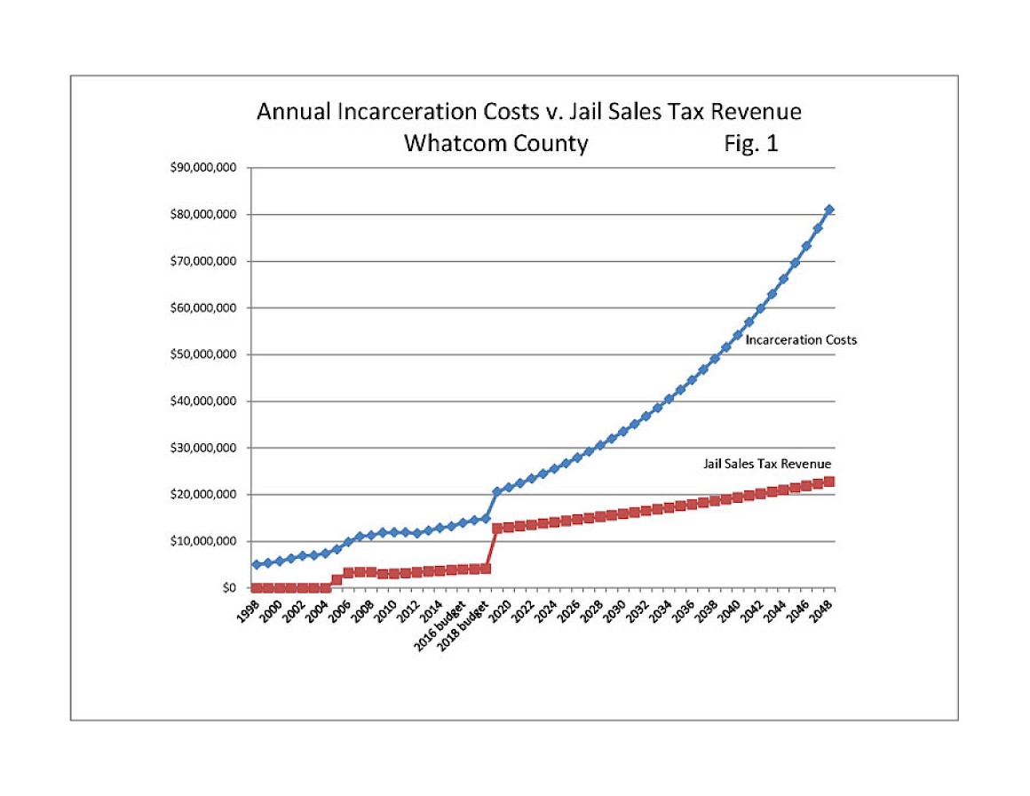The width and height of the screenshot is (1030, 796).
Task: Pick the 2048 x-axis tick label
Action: click(823, 612)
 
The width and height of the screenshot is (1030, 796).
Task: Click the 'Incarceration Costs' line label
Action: click(801, 340)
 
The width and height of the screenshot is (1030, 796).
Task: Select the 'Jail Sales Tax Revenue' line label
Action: click(767, 464)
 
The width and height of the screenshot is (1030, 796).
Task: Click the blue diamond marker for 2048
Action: click(829, 210)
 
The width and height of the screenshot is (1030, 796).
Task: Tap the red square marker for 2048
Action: click(829, 482)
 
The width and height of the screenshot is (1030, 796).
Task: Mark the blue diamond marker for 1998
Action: click(257, 564)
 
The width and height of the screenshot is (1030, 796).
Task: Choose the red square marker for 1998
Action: click(257, 587)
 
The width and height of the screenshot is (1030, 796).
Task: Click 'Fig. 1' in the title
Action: click(751, 144)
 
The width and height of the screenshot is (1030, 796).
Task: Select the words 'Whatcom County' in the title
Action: click(495, 144)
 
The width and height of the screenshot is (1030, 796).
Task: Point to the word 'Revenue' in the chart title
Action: click(757, 112)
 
